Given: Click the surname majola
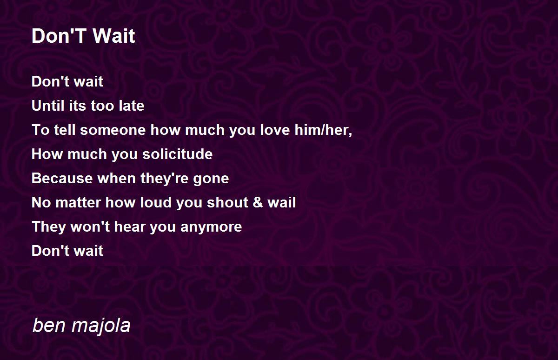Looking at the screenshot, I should click(x=101, y=326).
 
